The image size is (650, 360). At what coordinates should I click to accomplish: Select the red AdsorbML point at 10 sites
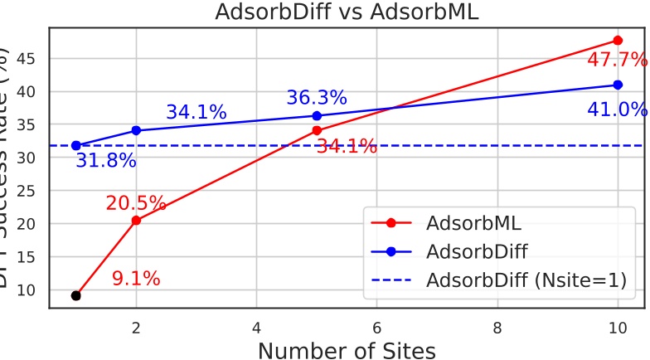click(x=618, y=40)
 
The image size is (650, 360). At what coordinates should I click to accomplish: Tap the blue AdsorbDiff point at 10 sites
click(x=618, y=85)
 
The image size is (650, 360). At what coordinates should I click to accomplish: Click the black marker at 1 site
click(x=76, y=295)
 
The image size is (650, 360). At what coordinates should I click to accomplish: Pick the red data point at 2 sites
click(x=136, y=221)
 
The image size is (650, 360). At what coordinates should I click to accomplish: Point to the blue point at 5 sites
click(x=317, y=115)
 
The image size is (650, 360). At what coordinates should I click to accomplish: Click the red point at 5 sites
click(x=317, y=130)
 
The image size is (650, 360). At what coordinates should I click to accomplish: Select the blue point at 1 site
click(x=76, y=145)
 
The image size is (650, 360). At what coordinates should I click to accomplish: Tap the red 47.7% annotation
click(x=617, y=60)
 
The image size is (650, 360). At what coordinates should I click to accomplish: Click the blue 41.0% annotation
click(x=617, y=109)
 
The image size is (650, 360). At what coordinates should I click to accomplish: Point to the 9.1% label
click(x=136, y=279)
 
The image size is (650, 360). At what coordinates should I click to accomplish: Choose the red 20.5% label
click(x=136, y=203)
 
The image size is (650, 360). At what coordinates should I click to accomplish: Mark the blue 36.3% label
click(x=317, y=98)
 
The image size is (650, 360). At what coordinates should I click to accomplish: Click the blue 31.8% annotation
click(x=106, y=161)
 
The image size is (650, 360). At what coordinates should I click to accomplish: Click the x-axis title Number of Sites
click(x=347, y=350)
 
